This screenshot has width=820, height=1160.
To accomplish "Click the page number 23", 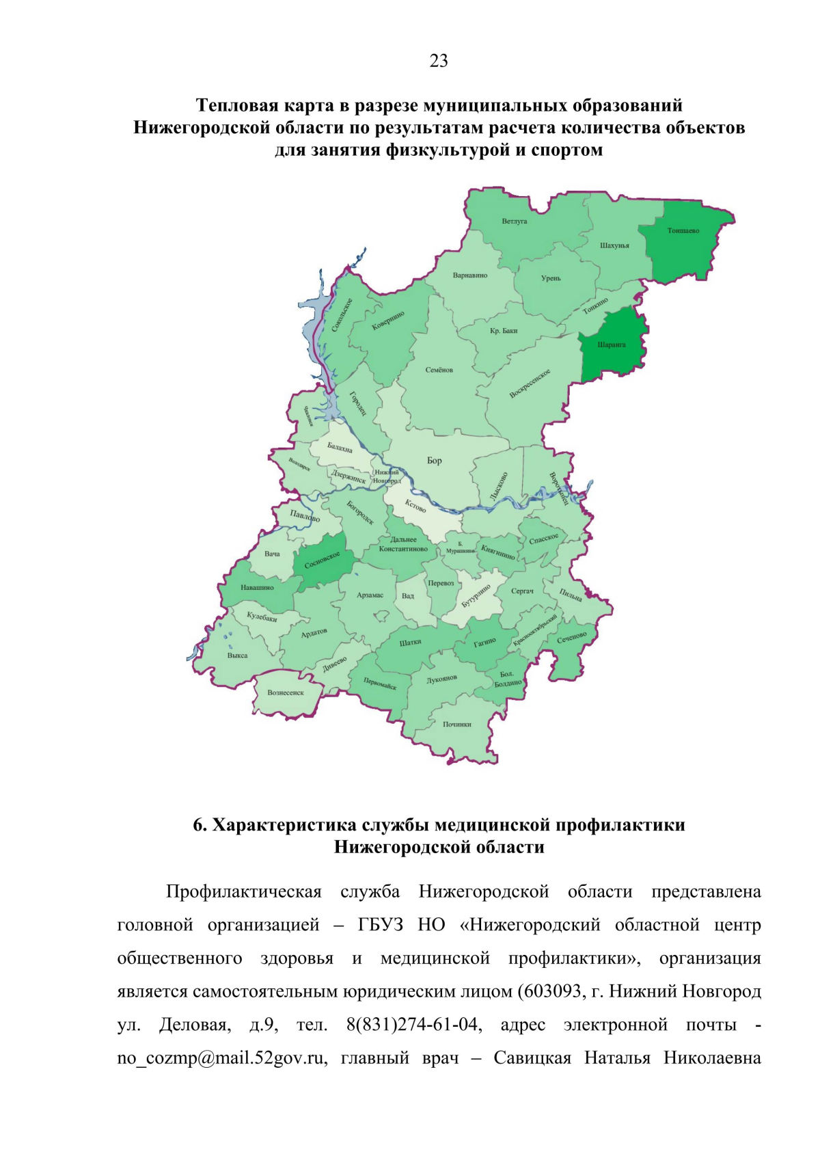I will [x=439, y=62].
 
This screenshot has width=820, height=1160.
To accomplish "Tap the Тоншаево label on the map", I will [x=683, y=230].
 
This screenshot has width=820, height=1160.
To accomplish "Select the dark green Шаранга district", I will [x=612, y=345].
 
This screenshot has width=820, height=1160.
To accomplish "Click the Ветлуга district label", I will [x=514, y=221].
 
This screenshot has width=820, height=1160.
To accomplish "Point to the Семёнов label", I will [x=439, y=370].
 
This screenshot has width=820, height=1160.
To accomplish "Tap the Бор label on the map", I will [x=435, y=461].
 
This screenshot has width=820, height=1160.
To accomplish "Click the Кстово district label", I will [x=415, y=505].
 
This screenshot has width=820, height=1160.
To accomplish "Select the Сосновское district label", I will [x=322, y=560].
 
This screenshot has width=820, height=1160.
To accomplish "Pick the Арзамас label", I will [x=370, y=595].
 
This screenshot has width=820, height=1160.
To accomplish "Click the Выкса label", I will [x=237, y=656].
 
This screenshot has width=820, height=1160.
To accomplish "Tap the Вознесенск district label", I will [x=286, y=692].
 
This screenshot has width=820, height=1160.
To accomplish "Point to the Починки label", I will [x=456, y=724].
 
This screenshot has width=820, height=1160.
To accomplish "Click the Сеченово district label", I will [x=571, y=637].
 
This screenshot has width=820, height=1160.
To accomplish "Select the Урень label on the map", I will [x=551, y=278].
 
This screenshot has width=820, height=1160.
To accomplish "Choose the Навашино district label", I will [x=257, y=587].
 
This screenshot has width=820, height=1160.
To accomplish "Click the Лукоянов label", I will [x=441, y=679].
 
